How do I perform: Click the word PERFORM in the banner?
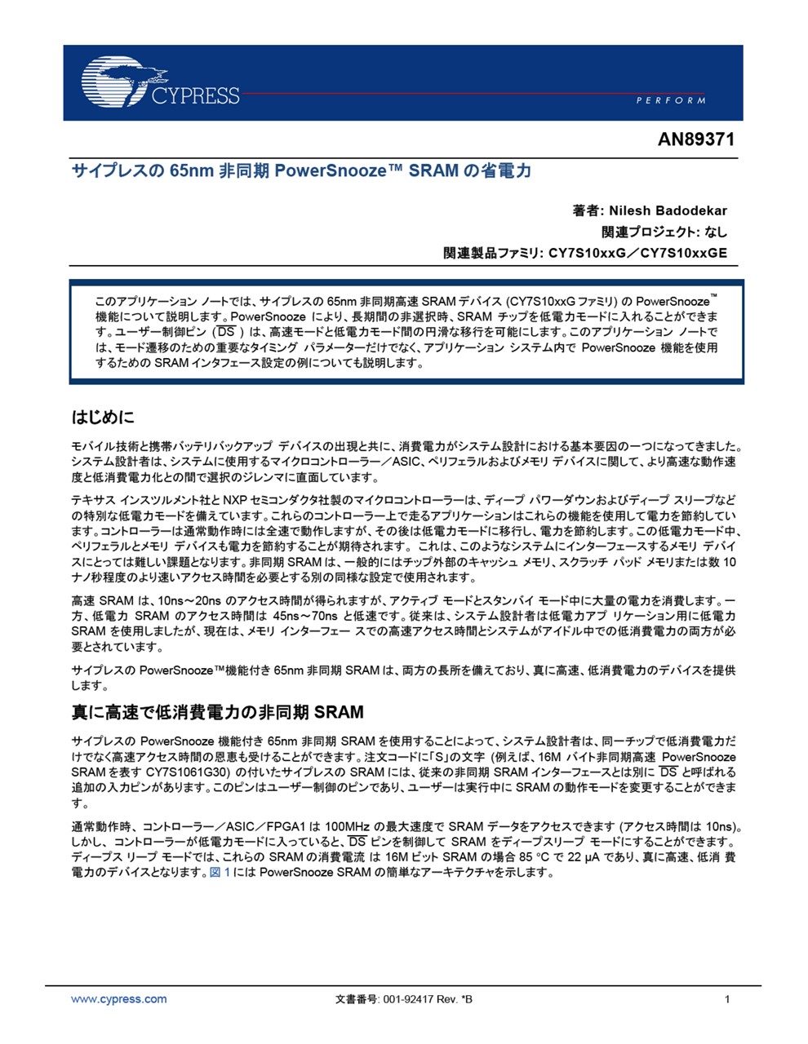tap(670, 100)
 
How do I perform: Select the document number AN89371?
tap(695, 139)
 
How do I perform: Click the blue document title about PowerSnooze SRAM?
tap(301, 170)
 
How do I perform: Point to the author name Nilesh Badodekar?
tap(668, 210)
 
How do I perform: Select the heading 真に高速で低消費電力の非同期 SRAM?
tap(218, 712)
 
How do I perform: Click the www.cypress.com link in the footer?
tap(119, 999)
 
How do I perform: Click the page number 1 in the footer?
tap(727, 999)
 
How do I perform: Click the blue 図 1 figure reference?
tap(220, 872)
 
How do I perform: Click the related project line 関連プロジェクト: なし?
tap(664, 232)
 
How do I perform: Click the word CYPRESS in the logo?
tap(195, 95)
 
